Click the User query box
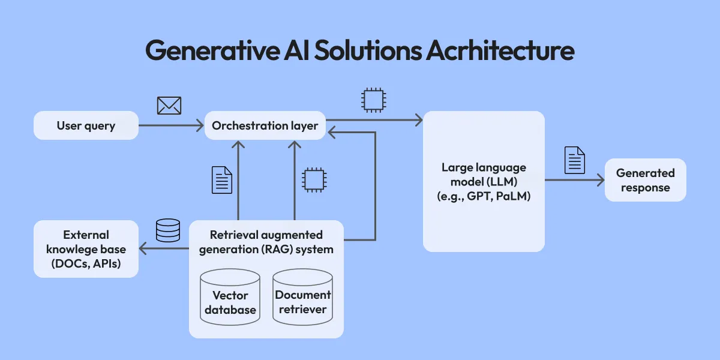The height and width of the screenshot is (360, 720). [86, 126]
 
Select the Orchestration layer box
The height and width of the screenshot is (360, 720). [265, 126]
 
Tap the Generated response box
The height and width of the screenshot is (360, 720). [645, 180]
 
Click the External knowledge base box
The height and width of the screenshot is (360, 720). [86, 249]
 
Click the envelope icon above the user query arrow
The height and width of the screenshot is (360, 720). [169, 106]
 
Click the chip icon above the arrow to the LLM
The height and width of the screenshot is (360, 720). [372, 100]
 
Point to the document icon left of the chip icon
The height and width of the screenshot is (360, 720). [222, 180]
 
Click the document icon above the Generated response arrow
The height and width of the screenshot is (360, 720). [575, 160]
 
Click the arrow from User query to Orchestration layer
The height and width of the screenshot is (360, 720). [171, 126]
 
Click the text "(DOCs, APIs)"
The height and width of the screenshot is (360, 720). [86, 263]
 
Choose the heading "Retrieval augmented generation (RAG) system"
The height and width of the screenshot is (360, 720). [266, 242]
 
